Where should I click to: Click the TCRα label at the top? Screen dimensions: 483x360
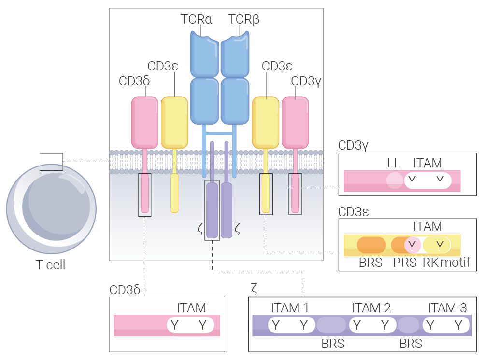click(196, 19)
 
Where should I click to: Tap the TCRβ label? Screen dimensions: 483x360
click(243, 19)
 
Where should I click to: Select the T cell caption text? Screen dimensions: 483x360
click(51, 264)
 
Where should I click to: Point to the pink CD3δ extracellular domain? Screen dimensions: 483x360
click(144, 123)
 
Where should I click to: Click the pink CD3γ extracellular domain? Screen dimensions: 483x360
click(295, 123)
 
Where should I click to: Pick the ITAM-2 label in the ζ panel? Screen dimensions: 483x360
click(371, 308)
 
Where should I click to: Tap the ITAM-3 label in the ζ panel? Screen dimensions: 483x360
click(447, 308)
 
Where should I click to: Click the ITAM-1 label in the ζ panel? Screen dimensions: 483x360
click(289, 308)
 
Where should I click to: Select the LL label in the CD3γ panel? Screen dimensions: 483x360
click(394, 163)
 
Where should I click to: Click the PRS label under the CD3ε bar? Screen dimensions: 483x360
click(405, 263)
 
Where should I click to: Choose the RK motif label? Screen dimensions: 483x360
click(446, 263)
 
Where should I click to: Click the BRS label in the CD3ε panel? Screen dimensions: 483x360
click(370, 263)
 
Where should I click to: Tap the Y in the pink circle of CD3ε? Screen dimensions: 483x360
click(412, 246)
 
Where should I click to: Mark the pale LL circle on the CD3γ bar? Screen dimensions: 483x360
click(395, 180)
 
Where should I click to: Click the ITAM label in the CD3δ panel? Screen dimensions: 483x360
click(191, 308)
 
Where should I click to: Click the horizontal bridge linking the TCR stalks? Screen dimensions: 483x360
click(219, 133)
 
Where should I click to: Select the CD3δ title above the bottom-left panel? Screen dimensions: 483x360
click(125, 290)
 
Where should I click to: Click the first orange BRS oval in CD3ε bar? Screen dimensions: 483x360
click(371, 245)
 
